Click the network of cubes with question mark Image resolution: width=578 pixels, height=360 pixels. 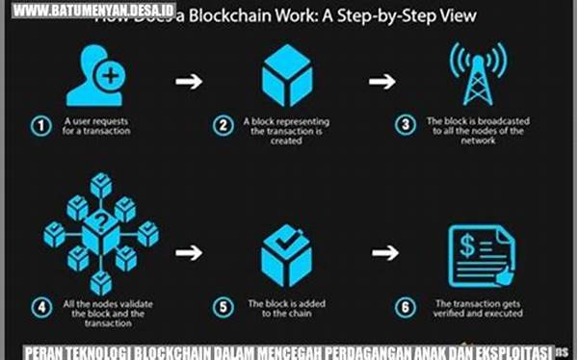(100, 233)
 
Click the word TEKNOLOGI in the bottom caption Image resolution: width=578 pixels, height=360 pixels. (106, 350)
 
